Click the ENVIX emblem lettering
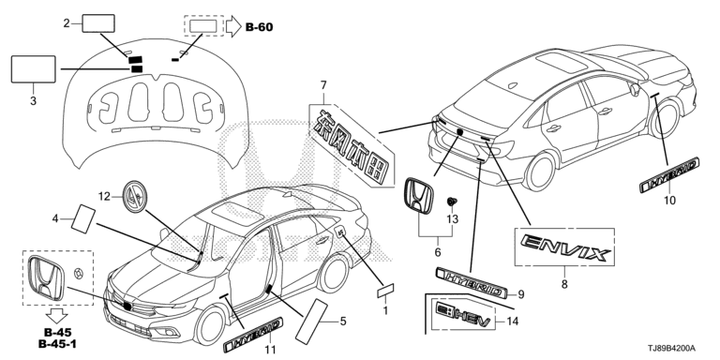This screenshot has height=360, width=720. click(x=565, y=247)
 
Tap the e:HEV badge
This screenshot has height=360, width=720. click(x=465, y=316)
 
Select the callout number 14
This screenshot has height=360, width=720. click(x=512, y=322)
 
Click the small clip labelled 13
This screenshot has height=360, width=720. click(x=451, y=202)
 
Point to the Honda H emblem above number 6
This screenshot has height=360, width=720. click(x=419, y=196)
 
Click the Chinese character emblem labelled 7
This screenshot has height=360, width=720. click(x=352, y=146)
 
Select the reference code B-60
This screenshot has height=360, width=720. click(x=259, y=27)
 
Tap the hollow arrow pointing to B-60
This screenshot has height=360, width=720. click(x=233, y=26)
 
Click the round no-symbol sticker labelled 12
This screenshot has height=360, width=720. click(x=135, y=197)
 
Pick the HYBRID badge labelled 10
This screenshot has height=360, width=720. click(x=669, y=175)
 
